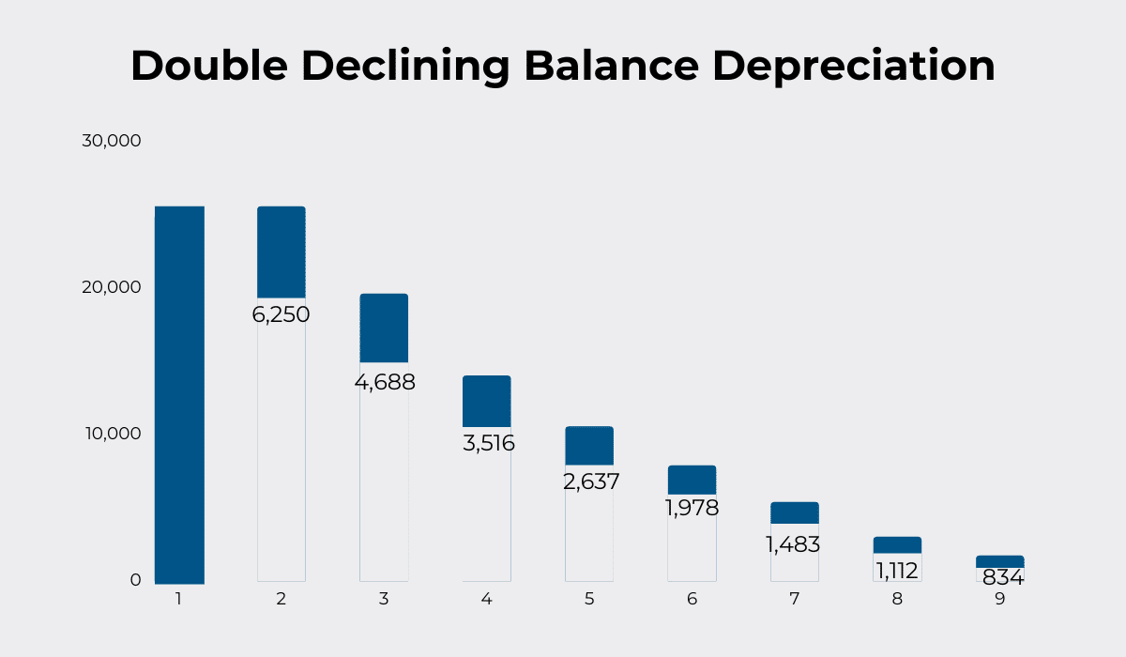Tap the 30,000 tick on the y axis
coord(111,141)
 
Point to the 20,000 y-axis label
coord(111,287)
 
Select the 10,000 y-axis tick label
coord(111,434)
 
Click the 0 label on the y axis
coord(135,580)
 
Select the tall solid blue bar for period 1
coord(179,394)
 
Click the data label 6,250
coord(281,315)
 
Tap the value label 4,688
coord(384,383)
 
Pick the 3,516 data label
coord(488,443)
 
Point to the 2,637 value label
coord(590,482)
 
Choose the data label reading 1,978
coord(692,509)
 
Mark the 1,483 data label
coord(794,544)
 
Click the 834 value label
coord(1002,578)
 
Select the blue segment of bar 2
coord(281,252)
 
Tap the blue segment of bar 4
coord(487,402)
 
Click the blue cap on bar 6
coord(692,480)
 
